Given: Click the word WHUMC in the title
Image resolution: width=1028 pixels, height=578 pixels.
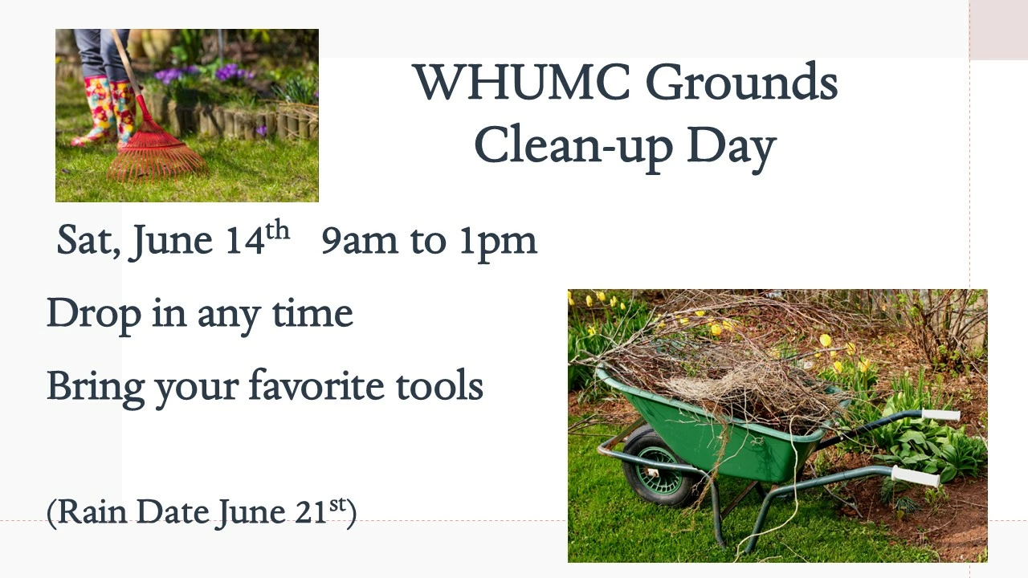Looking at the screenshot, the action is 522,82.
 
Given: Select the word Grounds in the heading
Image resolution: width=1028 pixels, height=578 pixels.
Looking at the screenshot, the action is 742,82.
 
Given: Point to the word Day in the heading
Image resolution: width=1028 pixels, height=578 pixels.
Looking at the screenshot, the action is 732,148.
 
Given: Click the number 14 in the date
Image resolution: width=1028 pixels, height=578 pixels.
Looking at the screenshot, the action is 246,240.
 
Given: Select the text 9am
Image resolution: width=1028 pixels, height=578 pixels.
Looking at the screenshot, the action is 359,241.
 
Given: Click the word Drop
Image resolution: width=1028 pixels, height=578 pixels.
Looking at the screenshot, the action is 94,315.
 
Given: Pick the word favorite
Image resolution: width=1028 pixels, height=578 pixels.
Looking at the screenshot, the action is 316,385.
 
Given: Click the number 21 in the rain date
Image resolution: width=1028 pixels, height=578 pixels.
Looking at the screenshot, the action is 310,512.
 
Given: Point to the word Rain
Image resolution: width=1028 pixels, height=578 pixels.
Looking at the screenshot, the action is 92,512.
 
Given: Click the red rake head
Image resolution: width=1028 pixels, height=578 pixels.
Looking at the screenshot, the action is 156,153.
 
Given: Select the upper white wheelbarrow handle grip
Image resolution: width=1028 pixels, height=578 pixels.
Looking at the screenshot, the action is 940,415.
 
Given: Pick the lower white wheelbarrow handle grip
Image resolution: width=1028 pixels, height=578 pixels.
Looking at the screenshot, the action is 916,476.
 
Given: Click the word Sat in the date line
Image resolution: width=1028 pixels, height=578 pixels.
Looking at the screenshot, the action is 87,240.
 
